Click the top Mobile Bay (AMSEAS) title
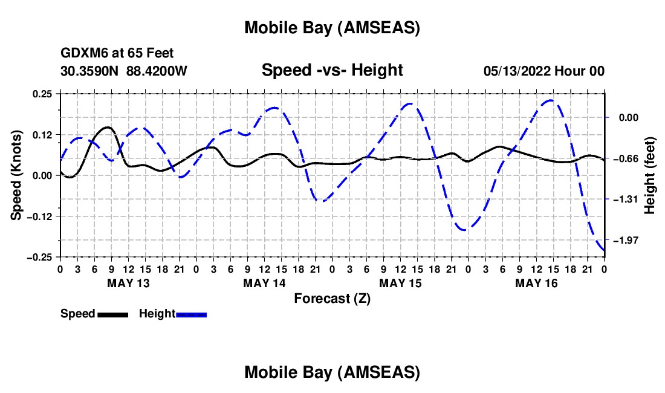pos(332,28)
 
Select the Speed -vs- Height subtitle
pos(332,71)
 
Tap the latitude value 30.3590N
pos(90,71)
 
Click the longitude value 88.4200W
pos(157,71)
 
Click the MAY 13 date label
pos(128,283)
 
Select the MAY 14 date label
pos(264,283)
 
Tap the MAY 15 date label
pos(400,283)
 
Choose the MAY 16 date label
pos(536,283)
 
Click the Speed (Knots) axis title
pos(18,175)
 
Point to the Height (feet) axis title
pos(650,175)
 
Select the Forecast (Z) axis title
pos(332,298)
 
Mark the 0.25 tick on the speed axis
pos(44,93)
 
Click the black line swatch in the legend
pos(112,314)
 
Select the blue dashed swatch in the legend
pos(191,314)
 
